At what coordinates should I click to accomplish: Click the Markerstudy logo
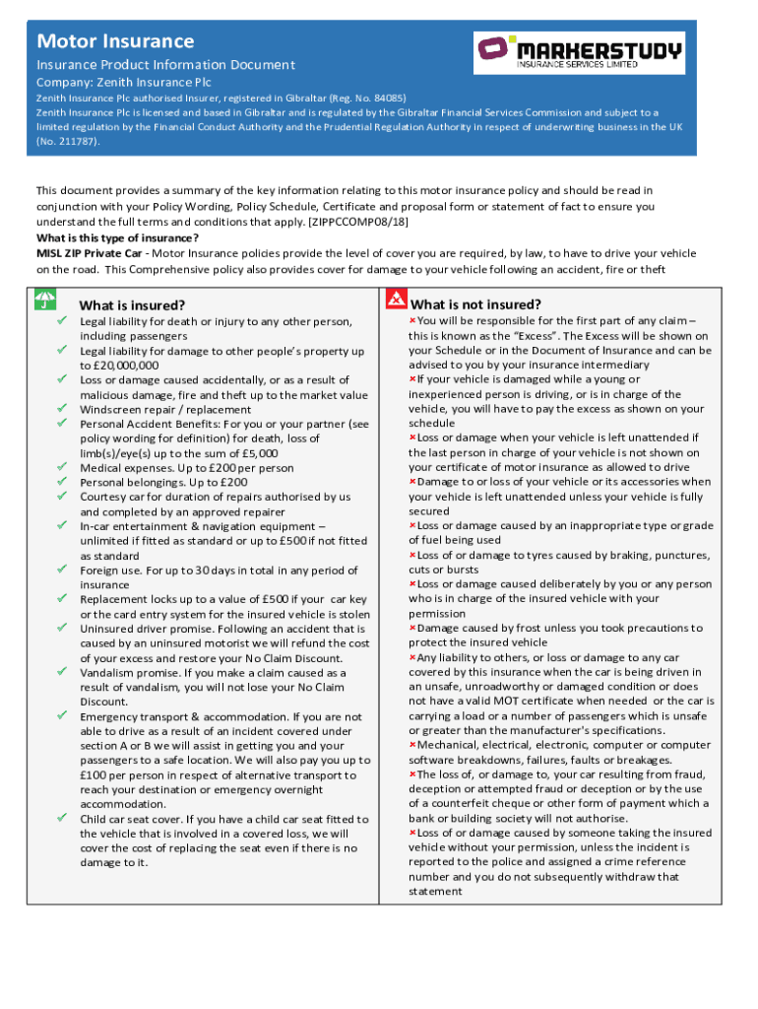(579, 52)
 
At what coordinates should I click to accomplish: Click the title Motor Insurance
(115, 41)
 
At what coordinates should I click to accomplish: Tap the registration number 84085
(384, 99)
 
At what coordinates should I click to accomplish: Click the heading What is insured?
(132, 305)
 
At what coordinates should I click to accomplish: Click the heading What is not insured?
(475, 304)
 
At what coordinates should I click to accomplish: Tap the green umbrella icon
(45, 298)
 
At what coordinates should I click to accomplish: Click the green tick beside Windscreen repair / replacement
(61, 409)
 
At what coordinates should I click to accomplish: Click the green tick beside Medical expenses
(61, 468)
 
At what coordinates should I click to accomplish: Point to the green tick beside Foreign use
(61, 570)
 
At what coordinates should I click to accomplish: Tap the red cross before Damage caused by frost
(412, 628)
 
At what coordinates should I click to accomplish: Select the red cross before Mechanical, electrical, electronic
(412, 745)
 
